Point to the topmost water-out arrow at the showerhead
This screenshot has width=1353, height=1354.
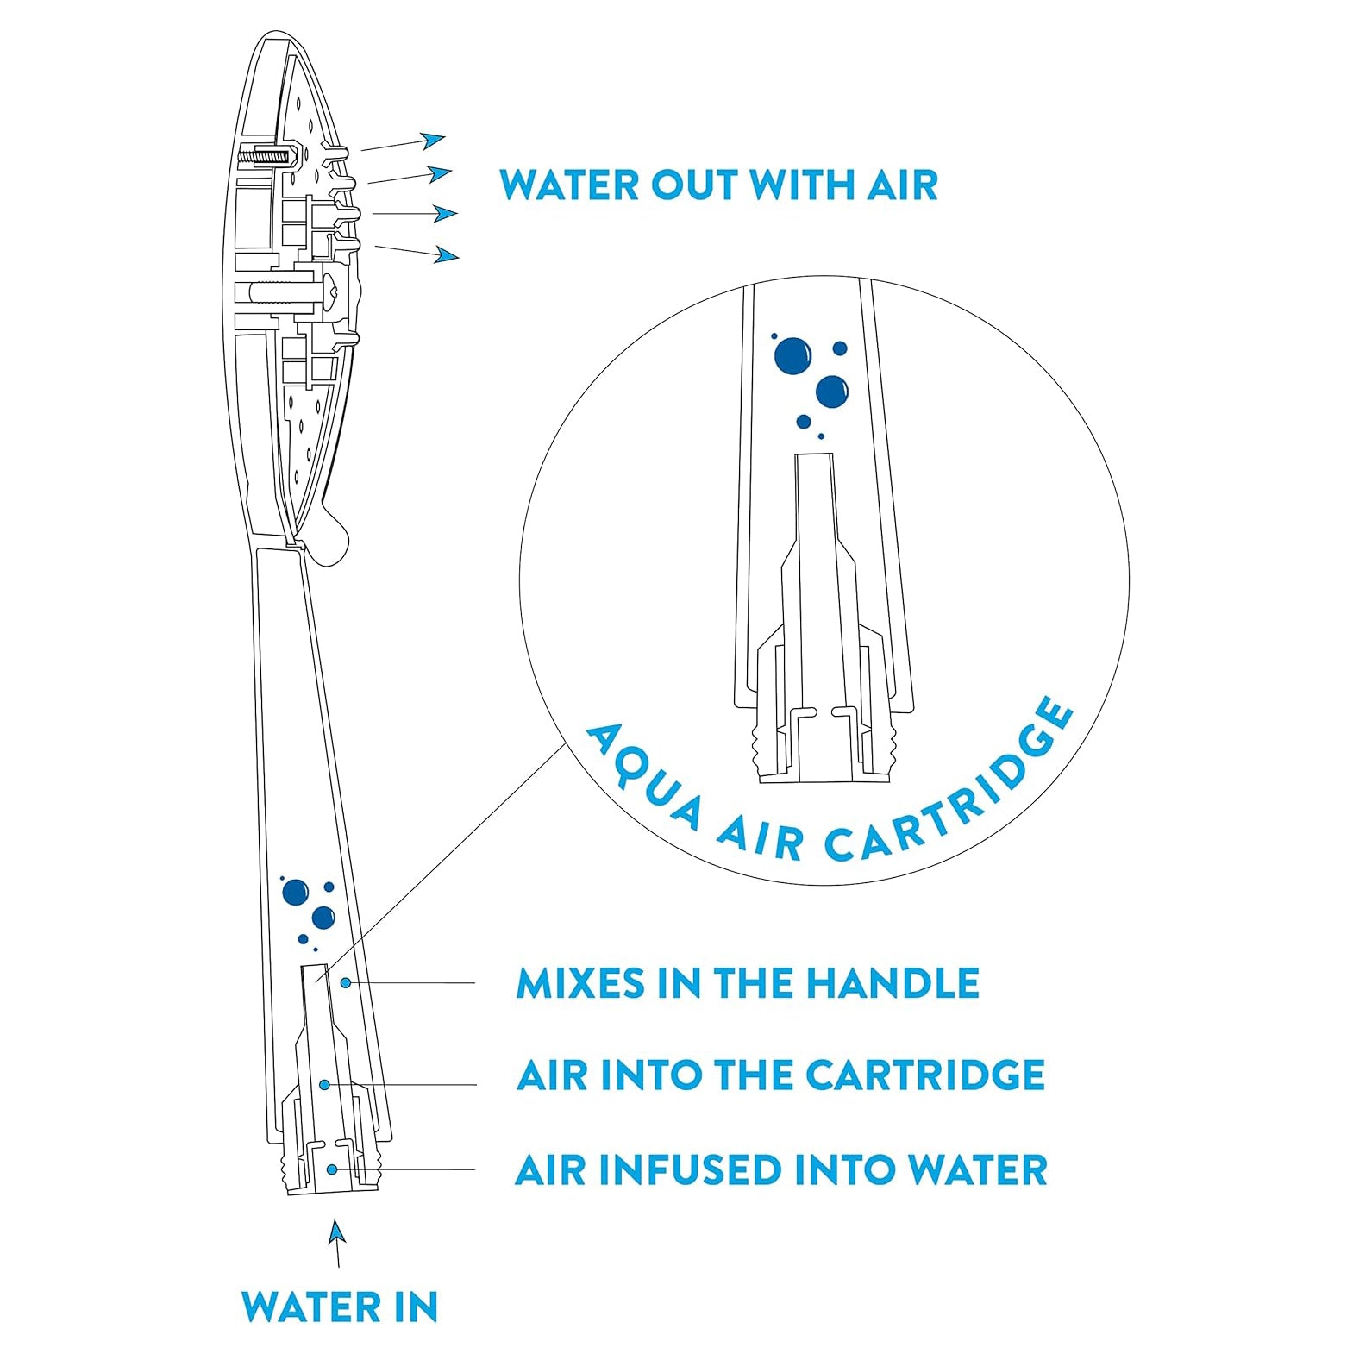[404, 143]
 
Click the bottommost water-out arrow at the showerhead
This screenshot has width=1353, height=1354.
[417, 252]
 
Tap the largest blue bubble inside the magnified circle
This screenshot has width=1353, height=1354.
[792, 355]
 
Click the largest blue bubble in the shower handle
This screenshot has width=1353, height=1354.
[295, 892]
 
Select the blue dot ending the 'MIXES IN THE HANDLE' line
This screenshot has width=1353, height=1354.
[345, 982]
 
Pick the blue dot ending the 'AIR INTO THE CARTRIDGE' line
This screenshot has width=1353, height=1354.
[324, 1084]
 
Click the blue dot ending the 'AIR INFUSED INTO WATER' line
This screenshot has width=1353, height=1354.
[332, 1169]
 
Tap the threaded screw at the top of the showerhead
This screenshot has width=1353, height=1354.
[266, 158]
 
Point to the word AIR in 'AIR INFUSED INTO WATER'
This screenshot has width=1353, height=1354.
[549, 1170]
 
